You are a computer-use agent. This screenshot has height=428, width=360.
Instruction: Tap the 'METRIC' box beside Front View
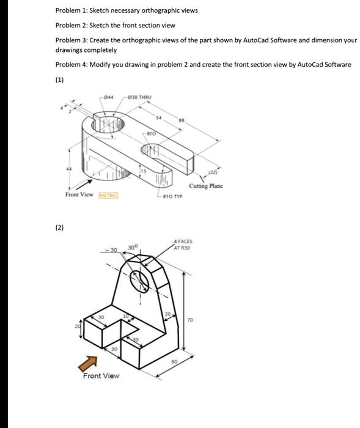pos(108,195)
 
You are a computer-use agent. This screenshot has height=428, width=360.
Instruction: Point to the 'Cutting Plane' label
pos(206,186)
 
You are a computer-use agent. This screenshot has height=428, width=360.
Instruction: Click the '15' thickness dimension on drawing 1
pos(143,170)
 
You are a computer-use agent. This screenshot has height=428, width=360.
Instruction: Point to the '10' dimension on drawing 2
pos(127,315)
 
